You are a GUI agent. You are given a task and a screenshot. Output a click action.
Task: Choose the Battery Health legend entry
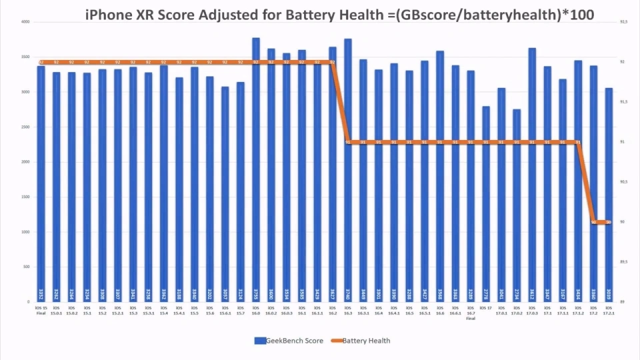coord(364,341)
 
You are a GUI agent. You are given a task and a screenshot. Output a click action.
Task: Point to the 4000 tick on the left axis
coord(25,22)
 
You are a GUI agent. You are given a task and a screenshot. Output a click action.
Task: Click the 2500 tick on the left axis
coord(25,127)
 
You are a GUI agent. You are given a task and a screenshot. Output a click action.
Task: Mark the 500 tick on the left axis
coord(26,267)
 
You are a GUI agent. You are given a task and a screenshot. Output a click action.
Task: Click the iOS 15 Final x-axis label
coord(41,310)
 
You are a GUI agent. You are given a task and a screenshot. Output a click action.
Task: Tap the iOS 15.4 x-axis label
coord(163,310)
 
